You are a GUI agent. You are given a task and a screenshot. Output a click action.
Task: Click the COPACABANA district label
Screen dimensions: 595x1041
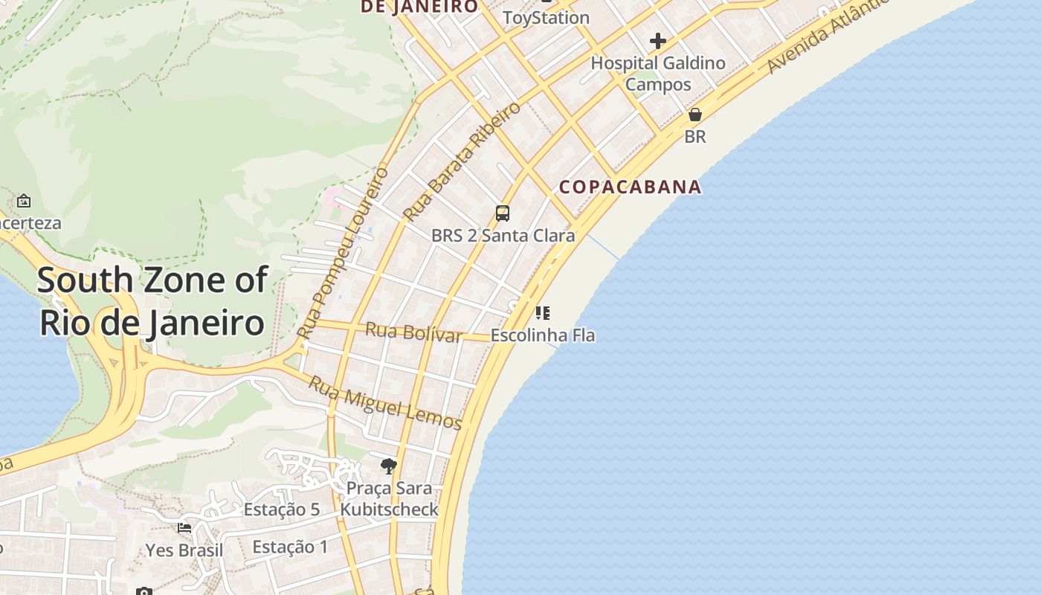click(630, 187)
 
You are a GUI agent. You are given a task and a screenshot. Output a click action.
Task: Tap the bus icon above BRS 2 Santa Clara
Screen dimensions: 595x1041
click(503, 214)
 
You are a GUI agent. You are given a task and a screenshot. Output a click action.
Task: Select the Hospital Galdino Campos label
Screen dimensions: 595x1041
click(658, 74)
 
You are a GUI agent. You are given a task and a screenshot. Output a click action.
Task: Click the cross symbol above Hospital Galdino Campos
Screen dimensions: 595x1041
click(658, 40)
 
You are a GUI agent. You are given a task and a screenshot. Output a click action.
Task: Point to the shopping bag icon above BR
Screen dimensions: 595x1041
click(695, 115)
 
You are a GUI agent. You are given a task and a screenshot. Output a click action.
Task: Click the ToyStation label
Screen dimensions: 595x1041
click(546, 17)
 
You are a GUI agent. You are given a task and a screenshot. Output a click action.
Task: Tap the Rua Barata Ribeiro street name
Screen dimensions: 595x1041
click(463, 161)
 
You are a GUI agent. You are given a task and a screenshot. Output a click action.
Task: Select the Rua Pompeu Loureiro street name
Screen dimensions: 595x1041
click(343, 253)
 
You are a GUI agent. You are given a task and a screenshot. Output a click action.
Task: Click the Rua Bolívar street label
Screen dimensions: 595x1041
click(413, 332)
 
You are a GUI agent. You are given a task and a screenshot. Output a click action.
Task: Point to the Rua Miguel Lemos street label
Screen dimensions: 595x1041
click(385, 402)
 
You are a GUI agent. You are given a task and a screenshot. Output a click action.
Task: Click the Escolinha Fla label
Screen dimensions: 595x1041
click(543, 335)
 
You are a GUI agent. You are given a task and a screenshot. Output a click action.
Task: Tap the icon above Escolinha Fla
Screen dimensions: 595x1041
click(543, 312)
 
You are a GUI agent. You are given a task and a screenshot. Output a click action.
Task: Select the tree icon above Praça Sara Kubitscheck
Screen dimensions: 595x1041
click(388, 466)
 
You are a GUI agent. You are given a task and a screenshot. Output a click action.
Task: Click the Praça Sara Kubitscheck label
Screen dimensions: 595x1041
click(389, 499)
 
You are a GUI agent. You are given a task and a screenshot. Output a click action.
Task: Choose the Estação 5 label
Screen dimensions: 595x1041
click(282, 509)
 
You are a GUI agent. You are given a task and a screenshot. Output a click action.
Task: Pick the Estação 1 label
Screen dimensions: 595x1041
click(290, 547)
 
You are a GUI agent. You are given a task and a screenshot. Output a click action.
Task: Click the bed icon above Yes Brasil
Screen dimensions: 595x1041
click(184, 528)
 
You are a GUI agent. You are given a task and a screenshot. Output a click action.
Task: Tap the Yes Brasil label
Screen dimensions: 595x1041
click(184, 550)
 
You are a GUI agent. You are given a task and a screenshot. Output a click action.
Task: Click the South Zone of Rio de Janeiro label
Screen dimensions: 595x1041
click(152, 301)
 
